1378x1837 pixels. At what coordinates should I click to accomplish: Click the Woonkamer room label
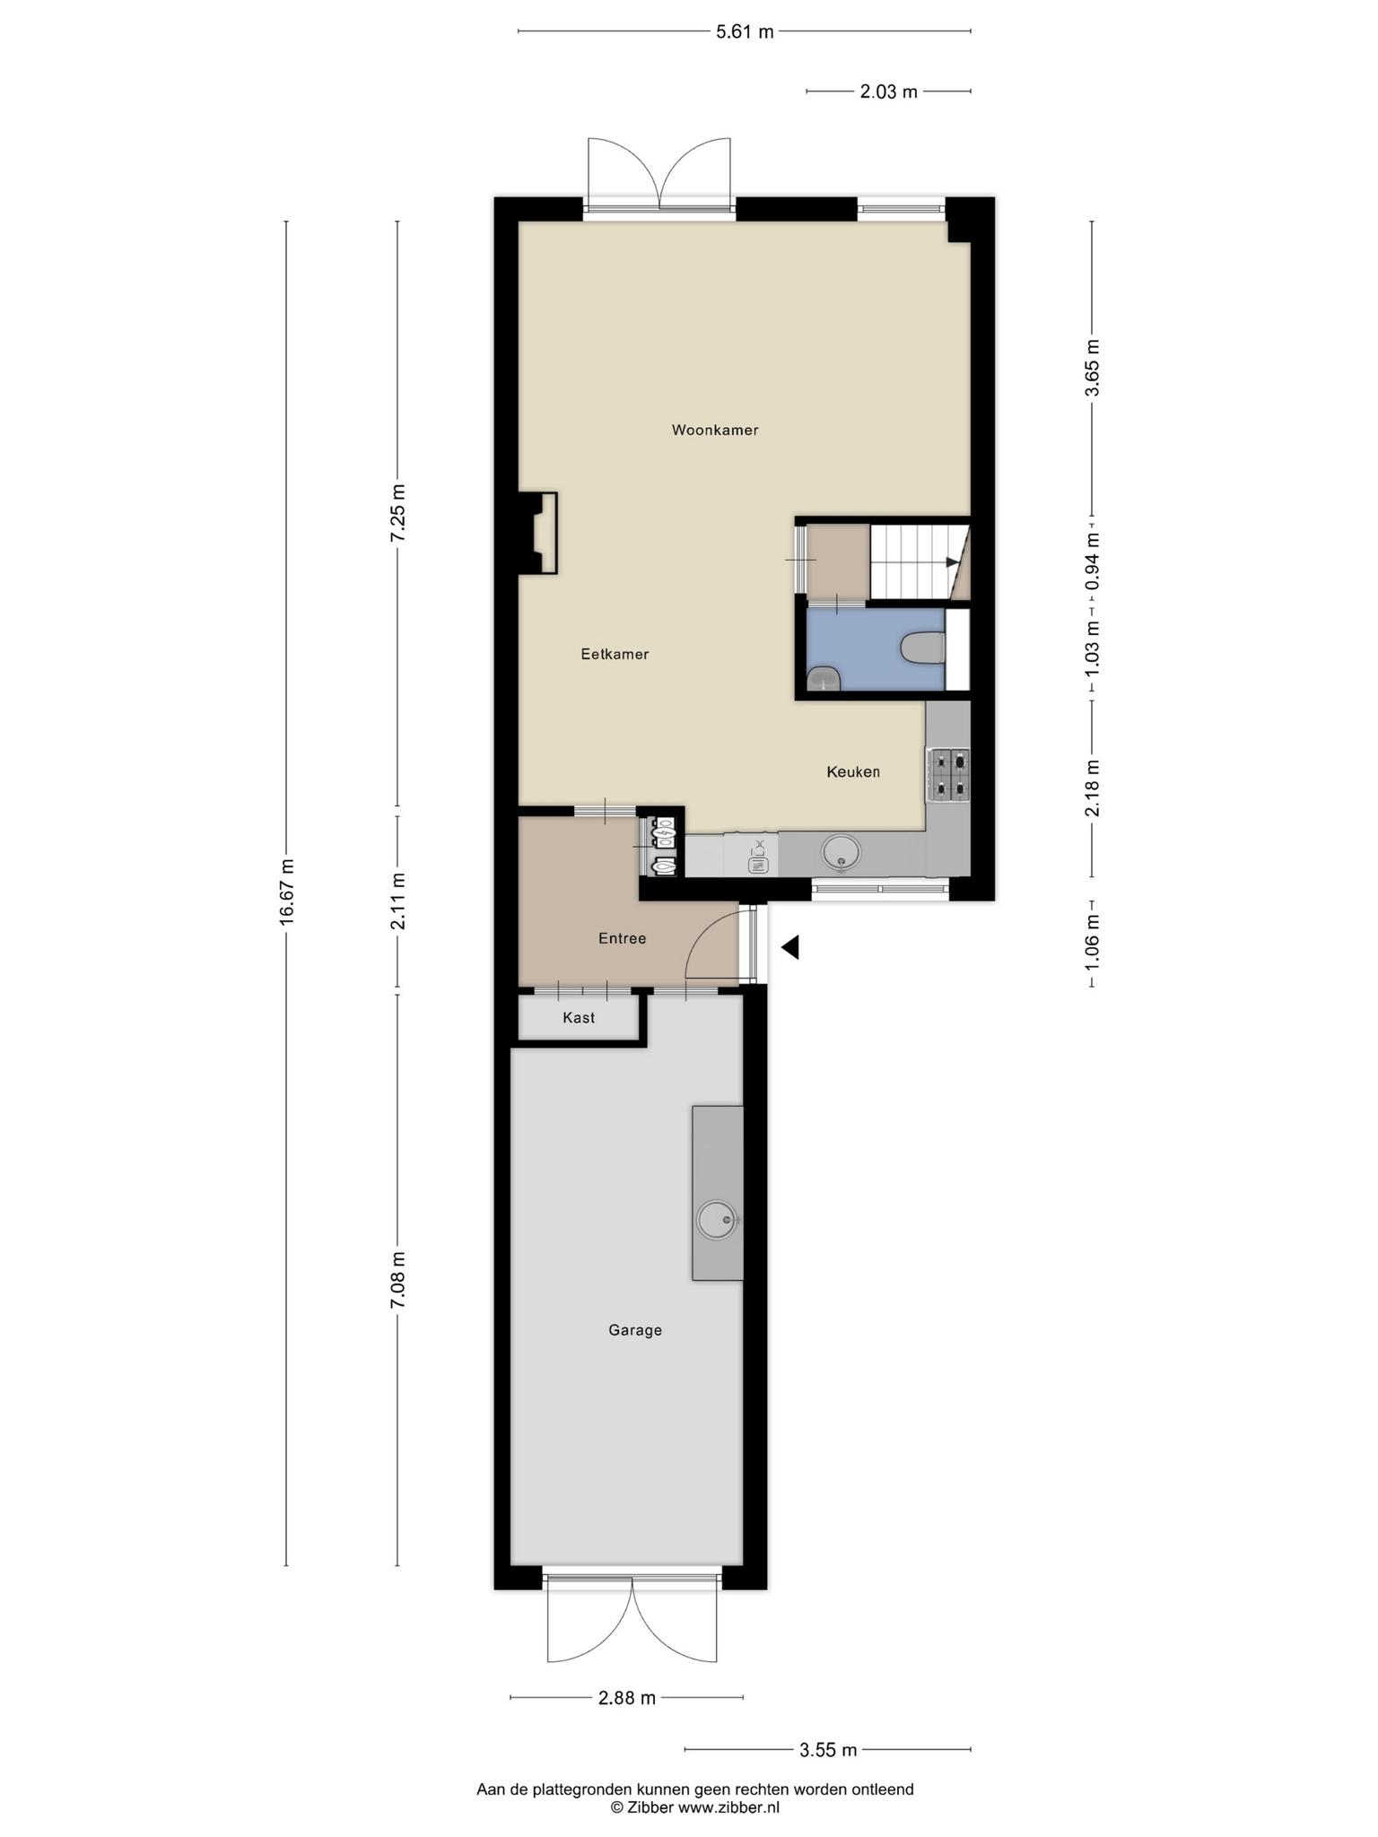pos(715,431)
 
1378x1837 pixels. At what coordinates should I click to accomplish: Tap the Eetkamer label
pos(615,655)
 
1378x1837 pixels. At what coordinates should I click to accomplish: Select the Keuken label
pos(853,771)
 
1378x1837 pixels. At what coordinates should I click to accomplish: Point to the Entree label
pos(623,939)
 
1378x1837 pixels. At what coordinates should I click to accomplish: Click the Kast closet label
pos(579,1018)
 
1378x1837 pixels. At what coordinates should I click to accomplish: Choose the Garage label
pos(635,1331)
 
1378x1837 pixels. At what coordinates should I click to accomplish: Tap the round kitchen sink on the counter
pos(841,852)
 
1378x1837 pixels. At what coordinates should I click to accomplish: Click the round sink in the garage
pos(718,1221)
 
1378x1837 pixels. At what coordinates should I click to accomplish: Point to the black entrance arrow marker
pos(789,947)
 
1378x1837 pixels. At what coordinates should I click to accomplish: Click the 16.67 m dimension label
pos(286,892)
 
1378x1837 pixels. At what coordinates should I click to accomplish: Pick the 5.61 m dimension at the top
pos(745,32)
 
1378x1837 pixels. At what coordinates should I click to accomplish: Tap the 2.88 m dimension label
pos(627,1697)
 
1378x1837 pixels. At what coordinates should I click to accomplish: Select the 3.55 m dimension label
pos(828,1749)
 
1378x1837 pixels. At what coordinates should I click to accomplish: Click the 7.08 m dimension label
pos(398,1280)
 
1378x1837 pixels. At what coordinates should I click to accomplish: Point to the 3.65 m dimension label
pos(1092,368)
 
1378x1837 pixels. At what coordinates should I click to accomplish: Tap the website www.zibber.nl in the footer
pos(728,1807)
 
